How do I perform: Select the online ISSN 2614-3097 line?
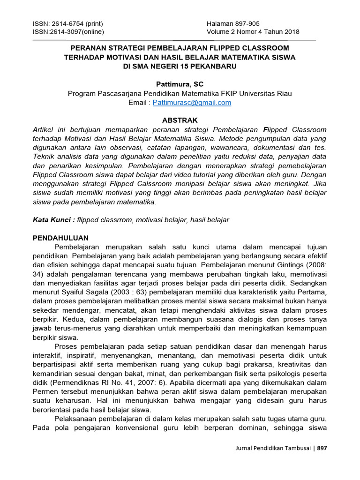68,32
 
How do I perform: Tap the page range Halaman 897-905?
233,24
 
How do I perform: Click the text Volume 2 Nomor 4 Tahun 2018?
253,32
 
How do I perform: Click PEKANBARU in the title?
215,66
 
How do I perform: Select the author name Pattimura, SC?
180,84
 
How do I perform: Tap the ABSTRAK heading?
180,120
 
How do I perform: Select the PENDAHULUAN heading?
60,238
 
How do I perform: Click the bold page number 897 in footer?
322,448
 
